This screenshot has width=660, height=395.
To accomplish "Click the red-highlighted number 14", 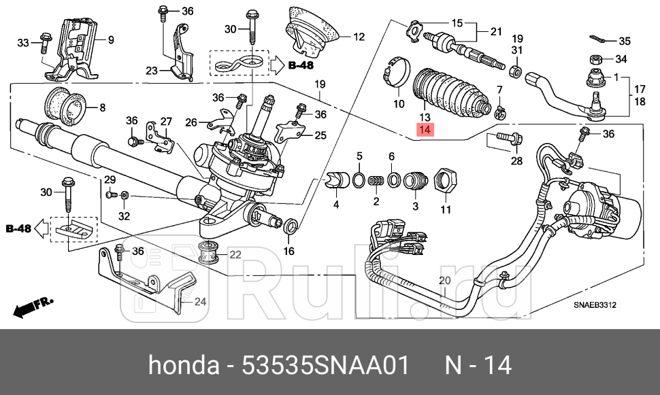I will [x=425, y=130].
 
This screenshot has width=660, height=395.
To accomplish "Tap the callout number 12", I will [x=359, y=37].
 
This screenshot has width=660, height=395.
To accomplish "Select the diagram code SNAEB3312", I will [x=593, y=305].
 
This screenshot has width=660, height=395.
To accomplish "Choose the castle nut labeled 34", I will [x=593, y=58].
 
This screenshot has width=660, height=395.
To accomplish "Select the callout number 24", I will [x=200, y=302].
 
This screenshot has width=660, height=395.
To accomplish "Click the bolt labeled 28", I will [x=504, y=141].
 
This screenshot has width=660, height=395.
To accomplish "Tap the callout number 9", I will [x=109, y=39].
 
